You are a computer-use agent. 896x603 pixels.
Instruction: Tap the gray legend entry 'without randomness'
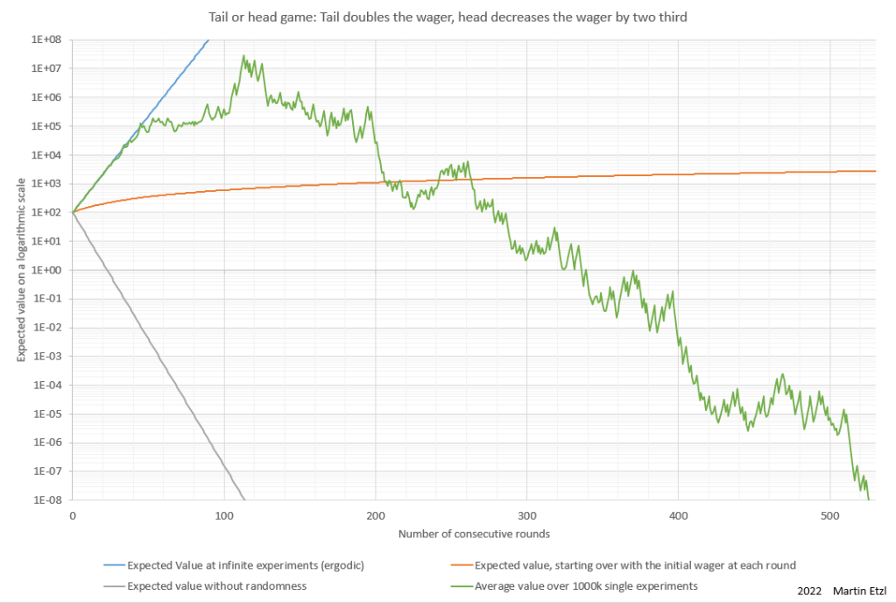[216, 585]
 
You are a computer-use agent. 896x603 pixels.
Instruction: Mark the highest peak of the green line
[244, 56]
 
